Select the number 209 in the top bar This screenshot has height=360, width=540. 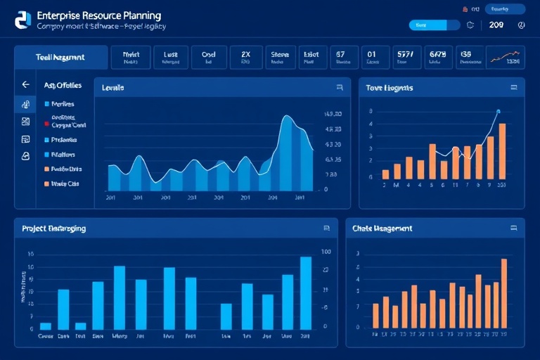click(496, 25)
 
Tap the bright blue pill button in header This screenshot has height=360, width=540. click(427, 25)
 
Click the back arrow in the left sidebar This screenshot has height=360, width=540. click(26, 84)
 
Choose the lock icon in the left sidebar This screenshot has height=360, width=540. click(26, 156)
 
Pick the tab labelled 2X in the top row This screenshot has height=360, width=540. click(245, 57)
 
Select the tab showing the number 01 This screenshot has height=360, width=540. click(371, 57)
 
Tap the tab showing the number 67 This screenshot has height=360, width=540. click(340, 57)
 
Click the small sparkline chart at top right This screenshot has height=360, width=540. click(507, 57)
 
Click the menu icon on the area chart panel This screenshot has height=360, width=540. click(340, 89)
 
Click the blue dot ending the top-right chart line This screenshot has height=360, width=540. click(498, 111)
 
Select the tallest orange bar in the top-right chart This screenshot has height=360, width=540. click(502, 150)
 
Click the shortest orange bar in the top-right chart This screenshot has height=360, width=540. click(385, 174)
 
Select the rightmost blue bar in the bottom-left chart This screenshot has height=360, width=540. click(306, 292)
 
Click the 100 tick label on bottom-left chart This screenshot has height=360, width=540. click(326, 252)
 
